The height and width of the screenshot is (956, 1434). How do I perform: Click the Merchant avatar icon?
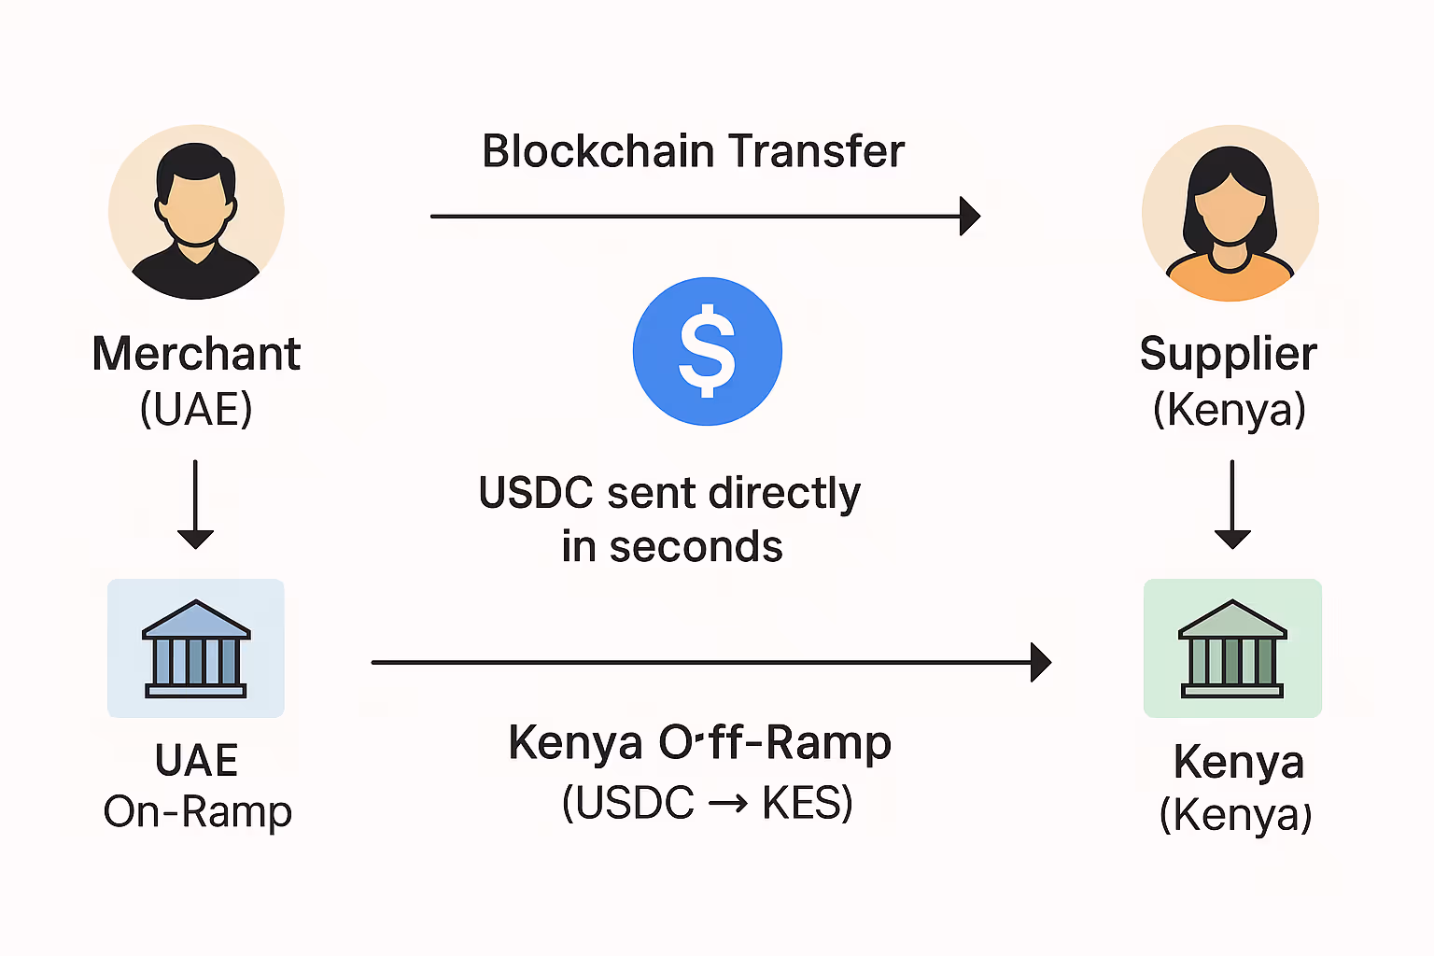[196, 213]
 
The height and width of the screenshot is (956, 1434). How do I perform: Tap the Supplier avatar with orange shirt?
[1230, 214]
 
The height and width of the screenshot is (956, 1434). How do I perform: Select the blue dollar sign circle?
[707, 351]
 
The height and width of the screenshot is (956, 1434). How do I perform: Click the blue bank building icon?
[196, 649]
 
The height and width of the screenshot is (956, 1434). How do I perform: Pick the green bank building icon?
[1232, 649]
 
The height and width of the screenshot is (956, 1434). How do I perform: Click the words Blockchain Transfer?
[693, 151]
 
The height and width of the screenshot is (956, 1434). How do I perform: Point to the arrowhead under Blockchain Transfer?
[970, 216]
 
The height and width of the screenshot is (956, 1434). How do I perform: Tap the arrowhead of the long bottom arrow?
[1041, 662]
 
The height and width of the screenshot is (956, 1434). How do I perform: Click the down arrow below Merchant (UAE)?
[196, 504]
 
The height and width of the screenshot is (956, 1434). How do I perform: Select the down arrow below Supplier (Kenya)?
[1232, 504]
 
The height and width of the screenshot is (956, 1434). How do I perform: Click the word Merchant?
[196, 355]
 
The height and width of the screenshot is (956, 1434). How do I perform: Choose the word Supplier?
[1228, 355]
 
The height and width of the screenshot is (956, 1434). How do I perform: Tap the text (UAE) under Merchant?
[196, 409]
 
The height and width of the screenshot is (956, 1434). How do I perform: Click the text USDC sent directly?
[669, 493]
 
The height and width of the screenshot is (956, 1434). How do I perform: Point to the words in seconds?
[672, 547]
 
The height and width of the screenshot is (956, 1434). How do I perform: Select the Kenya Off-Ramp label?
[699, 744]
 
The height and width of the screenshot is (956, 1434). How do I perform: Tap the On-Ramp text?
[198, 812]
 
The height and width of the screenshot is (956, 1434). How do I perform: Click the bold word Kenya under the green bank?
[1239, 762]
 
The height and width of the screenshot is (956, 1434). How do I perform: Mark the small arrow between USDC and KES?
[728, 803]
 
